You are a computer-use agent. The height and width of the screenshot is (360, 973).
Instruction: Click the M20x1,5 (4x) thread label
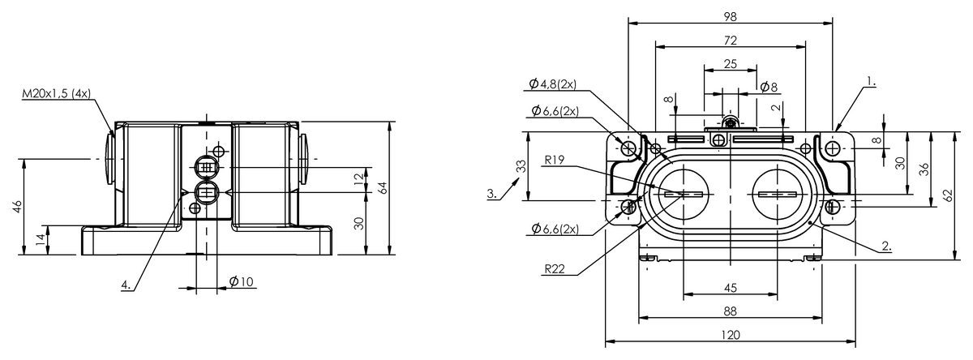[x=57, y=93]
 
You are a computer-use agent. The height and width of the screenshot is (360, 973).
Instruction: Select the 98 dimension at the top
[x=731, y=16]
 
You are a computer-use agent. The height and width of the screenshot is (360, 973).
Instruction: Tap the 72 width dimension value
[x=731, y=41]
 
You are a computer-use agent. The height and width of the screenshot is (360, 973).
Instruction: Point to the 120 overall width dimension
[x=731, y=335]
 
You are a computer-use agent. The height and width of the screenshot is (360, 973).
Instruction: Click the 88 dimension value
[x=731, y=311]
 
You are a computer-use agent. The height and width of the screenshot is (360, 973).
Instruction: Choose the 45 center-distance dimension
[x=731, y=288]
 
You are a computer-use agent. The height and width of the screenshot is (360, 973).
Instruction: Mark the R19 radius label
[x=555, y=160]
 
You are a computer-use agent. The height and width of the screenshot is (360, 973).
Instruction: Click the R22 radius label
[x=555, y=269]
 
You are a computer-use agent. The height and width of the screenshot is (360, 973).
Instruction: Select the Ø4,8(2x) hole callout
[x=552, y=84]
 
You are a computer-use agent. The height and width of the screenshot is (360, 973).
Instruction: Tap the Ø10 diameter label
[x=241, y=282]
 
